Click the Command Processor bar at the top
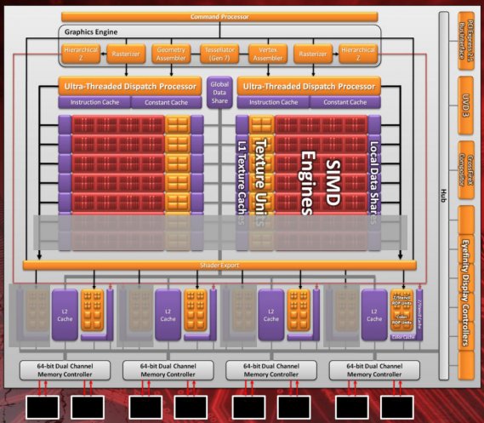pos(219,16)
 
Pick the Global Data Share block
pos(219,93)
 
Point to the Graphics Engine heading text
pos(89,32)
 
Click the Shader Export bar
pos(219,266)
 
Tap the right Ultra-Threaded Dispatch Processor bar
pos(308,86)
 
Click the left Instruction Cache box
pos(94,103)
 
